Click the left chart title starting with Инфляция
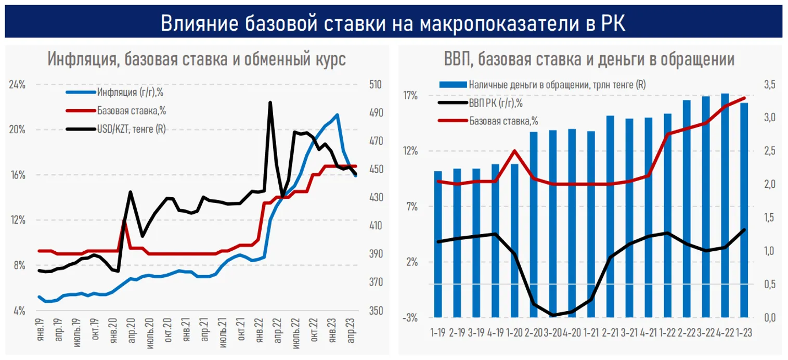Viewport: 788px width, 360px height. (x=197, y=58)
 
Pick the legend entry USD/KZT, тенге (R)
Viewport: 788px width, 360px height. (x=131, y=127)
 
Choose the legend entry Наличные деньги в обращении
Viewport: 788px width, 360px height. (x=557, y=84)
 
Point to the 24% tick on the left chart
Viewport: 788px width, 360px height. (x=17, y=84)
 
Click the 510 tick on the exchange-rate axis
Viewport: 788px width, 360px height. (x=375, y=84)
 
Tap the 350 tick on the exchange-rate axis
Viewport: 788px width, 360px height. (x=375, y=311)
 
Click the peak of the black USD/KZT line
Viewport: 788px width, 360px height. (x=270, y=102)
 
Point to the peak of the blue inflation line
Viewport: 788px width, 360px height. (x=338, y=115)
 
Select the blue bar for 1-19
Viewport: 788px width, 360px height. (x=438, y=244)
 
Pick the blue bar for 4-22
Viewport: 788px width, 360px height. (x=724, y=205)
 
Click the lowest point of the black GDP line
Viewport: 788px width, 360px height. (x=553, y=315)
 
